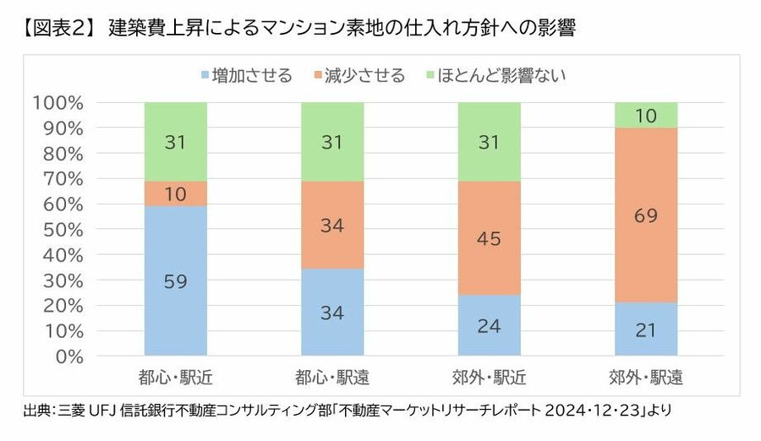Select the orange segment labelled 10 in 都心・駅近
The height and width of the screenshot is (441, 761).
pos(176,193)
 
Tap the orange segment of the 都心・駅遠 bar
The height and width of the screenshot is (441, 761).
pos(332,225)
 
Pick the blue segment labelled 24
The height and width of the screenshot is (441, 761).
pos(489,325)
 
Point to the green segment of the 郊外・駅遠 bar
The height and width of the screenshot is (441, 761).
pos(646,115)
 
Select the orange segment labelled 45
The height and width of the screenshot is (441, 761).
pos(489,238)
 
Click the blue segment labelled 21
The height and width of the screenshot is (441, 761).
pos(646,329)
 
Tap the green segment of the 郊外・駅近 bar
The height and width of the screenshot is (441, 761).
pos(489,142)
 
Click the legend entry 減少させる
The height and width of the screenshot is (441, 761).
pos(361,75)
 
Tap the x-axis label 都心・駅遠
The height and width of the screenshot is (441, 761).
pos(332,376)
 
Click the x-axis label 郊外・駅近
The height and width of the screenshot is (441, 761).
pos(489,376)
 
